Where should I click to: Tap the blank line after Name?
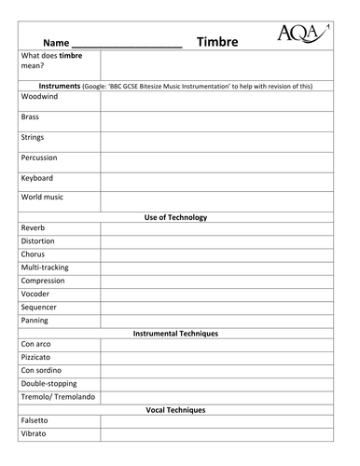click(127, 44)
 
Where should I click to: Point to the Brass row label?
click(30, 117)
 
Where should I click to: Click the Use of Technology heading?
click(175, 217)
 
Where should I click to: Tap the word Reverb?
click(33, 227)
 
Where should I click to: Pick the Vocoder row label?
click(36, 293)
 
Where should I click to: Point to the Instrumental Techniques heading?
click(175, 333)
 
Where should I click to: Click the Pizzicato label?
click(36, 357)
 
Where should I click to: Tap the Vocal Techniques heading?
click(175, 410)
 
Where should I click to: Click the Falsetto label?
click(35, 421)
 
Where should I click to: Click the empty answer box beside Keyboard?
click(215, 178)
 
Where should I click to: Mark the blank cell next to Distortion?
click(215, 240)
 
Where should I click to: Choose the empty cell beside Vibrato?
click(215, 434)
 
